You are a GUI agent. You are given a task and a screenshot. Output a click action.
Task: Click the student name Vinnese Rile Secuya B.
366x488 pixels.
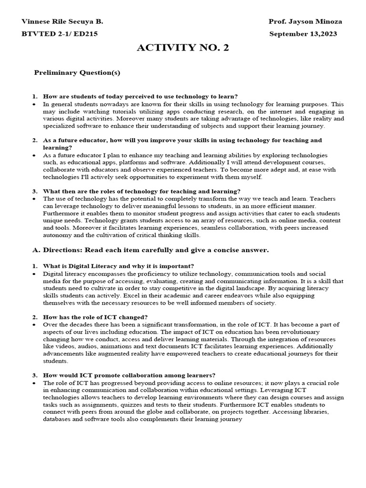pyautogui.click(x=62, y=22)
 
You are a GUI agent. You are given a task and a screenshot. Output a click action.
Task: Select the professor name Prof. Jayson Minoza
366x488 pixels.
pyautogui.click(x=305, y=22)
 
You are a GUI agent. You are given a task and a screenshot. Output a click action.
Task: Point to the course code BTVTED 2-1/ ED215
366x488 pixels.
pyautogui.click(x=60, y=34)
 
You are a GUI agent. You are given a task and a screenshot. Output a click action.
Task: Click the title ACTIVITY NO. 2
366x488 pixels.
pyautogui.click(x=183, y=48)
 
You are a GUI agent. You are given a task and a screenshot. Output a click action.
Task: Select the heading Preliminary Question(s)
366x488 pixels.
pyautogui.click(x=77, y=73)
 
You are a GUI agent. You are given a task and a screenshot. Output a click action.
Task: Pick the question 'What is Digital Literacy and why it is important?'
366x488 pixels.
pyautogui.click(x=118, y=265)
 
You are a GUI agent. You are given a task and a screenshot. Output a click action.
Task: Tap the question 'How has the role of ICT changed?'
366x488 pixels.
pyautogui.click(x=95, y=317)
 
